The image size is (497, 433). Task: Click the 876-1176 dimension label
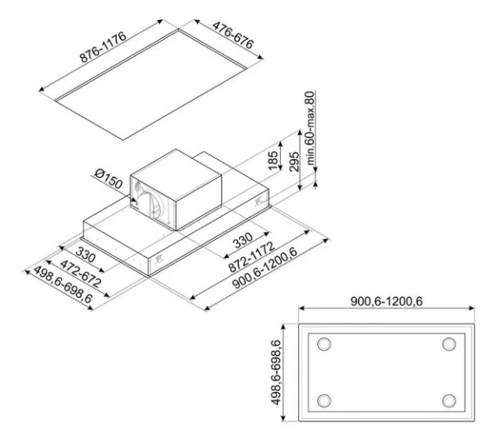coord(103,47)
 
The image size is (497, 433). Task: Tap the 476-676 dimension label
coord(234,35)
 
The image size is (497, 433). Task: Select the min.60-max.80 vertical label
coord(310,128)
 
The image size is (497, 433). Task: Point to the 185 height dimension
coord(273,160)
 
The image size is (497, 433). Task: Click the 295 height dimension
coord(294,162)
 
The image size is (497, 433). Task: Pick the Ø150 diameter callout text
coord(109,178)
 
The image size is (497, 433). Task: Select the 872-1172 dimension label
coord(251,257)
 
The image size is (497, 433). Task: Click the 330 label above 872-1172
coord(243,241)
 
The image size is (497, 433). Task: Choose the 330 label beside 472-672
coord(85,255)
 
